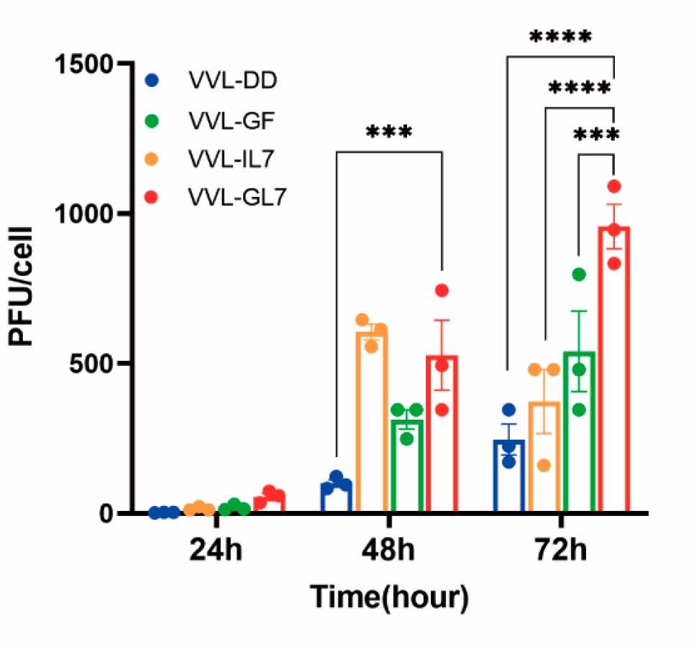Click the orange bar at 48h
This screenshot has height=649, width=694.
(x=372, y=424)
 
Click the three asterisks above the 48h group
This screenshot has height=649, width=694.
(x=389, y=132)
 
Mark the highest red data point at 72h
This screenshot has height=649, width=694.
(x=613, y=186)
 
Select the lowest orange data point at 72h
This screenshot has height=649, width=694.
(x=544, y=465)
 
